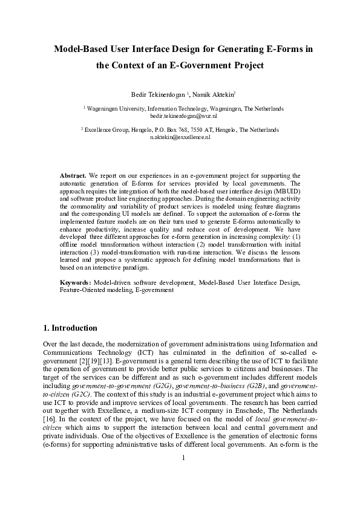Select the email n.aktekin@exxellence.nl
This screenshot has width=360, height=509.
(180, 137)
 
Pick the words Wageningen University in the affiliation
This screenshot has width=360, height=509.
(116, 108)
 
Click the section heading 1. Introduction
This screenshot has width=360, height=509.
(70, 328)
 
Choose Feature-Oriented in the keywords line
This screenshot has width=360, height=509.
(81, 290)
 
